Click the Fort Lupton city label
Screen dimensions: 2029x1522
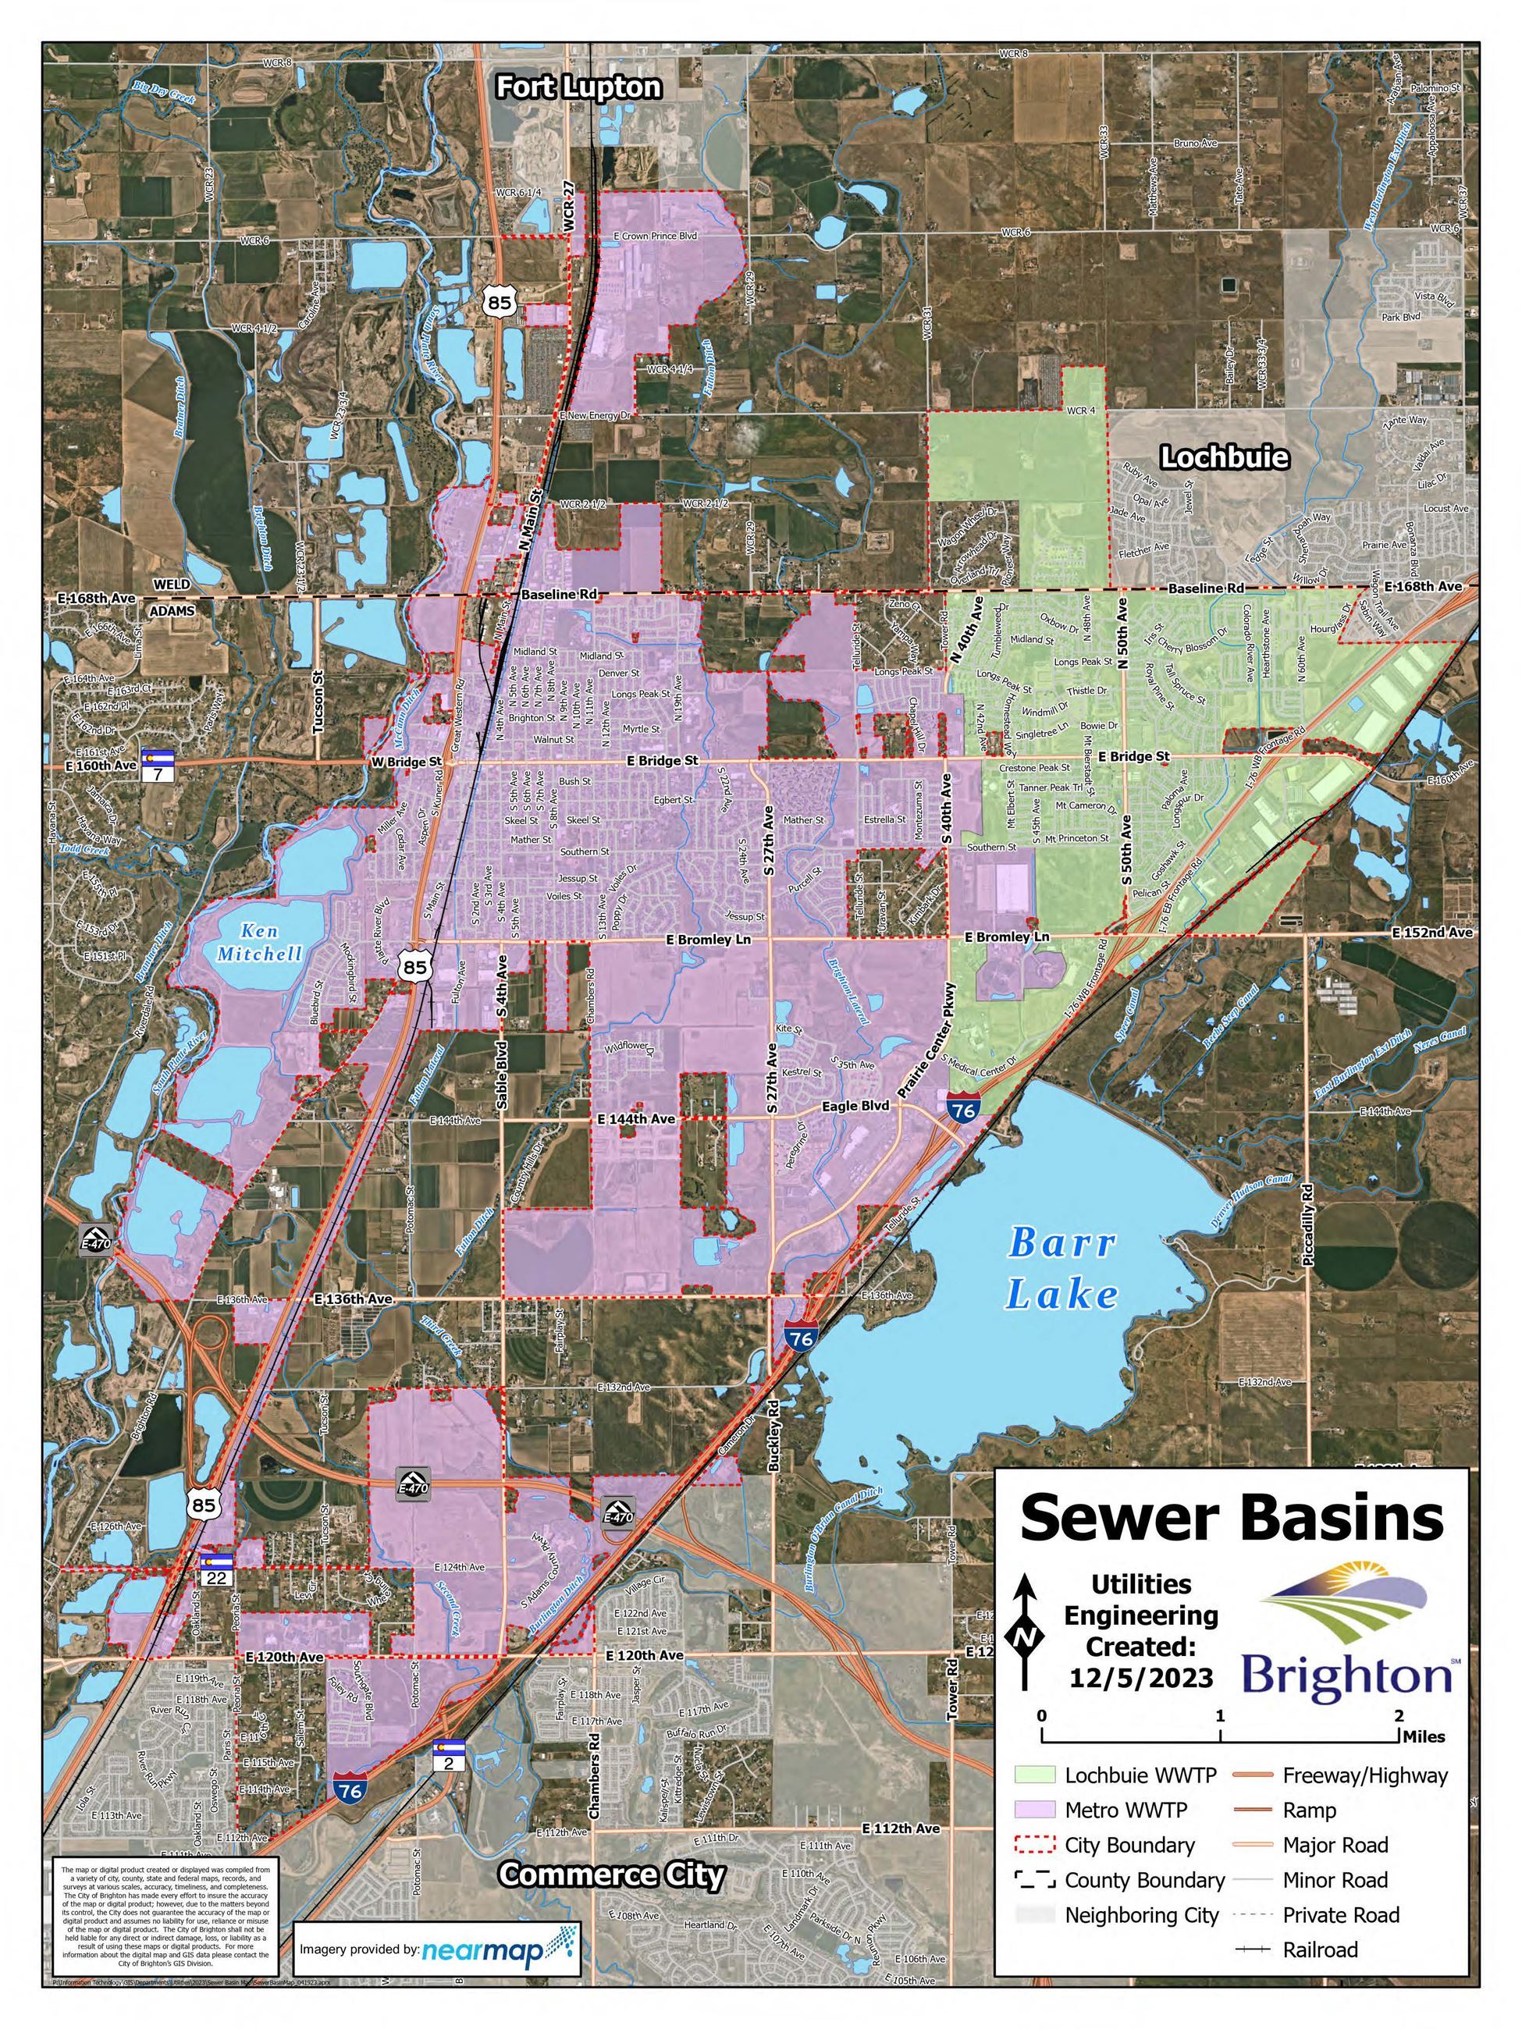pyautogui.click(x=578, y=87)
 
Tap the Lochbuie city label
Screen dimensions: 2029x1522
pyautogui.click(x=1224, y=457)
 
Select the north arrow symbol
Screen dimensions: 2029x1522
pyautogui.click(x=1025, y=1633)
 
